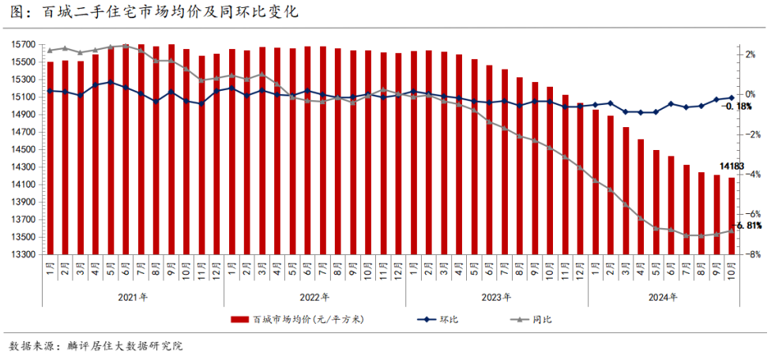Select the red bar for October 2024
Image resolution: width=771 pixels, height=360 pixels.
(x=732, y=216)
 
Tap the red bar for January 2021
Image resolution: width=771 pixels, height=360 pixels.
(x=51, y=158)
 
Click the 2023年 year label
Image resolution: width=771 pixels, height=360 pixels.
(x=496, y=297)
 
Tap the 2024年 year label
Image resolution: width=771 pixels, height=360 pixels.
(x=663, y=297)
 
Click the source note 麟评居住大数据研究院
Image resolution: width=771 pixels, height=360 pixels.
(x=126, y=347)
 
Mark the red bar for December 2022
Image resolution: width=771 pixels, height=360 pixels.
(x=398, y=154)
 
